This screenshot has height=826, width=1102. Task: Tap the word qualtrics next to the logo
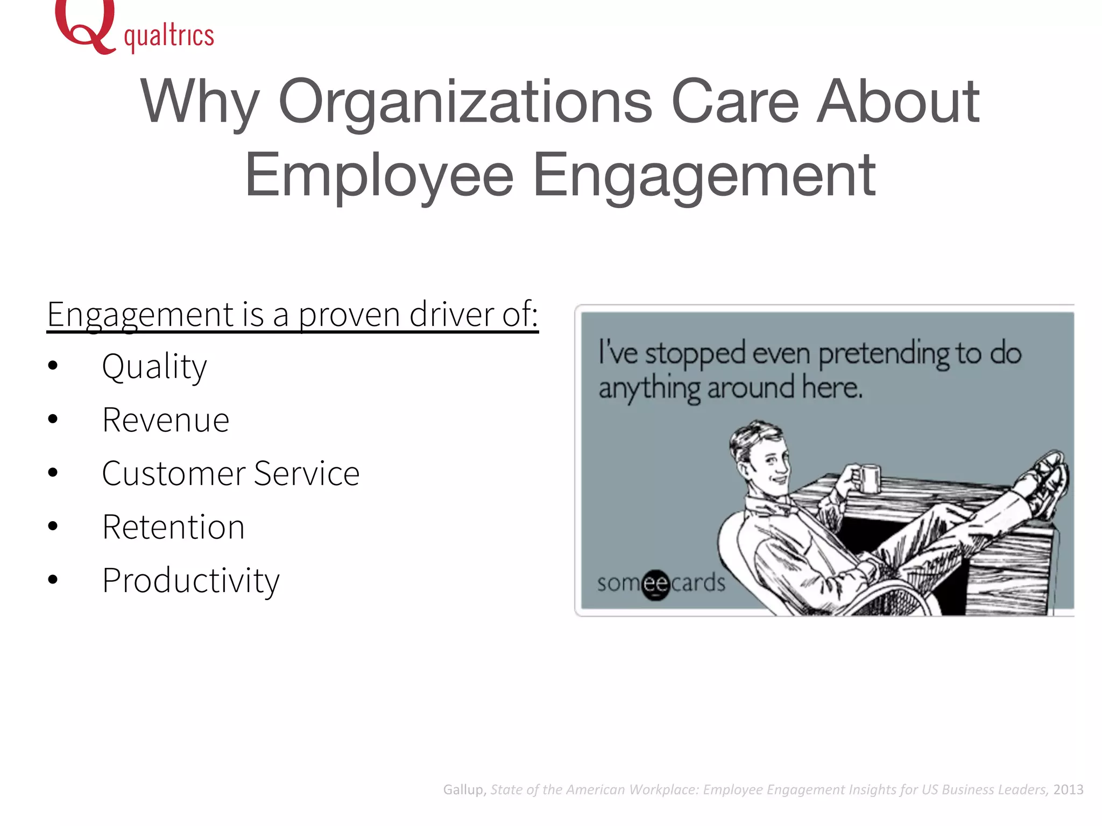(x=169, y=37)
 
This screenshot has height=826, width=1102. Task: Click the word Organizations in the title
(x=465, y=102)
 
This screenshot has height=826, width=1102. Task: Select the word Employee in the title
(x=379, y=175)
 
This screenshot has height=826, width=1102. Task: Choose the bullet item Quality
(x=154, y=367)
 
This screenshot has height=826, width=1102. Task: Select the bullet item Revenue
(x=166, y=421)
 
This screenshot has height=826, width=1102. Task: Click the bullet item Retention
(x=173, y=527)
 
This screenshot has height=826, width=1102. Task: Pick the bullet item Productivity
(x=191, y=581)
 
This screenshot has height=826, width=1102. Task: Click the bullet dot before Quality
(x=53, y=366)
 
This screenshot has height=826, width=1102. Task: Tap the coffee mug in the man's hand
(x=867, y=478)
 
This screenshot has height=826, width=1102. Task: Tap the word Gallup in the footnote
(x=464, y=789)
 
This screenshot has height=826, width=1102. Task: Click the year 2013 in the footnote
(x=1068, y=789)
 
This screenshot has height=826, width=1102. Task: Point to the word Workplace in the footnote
(x=664, y=789)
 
